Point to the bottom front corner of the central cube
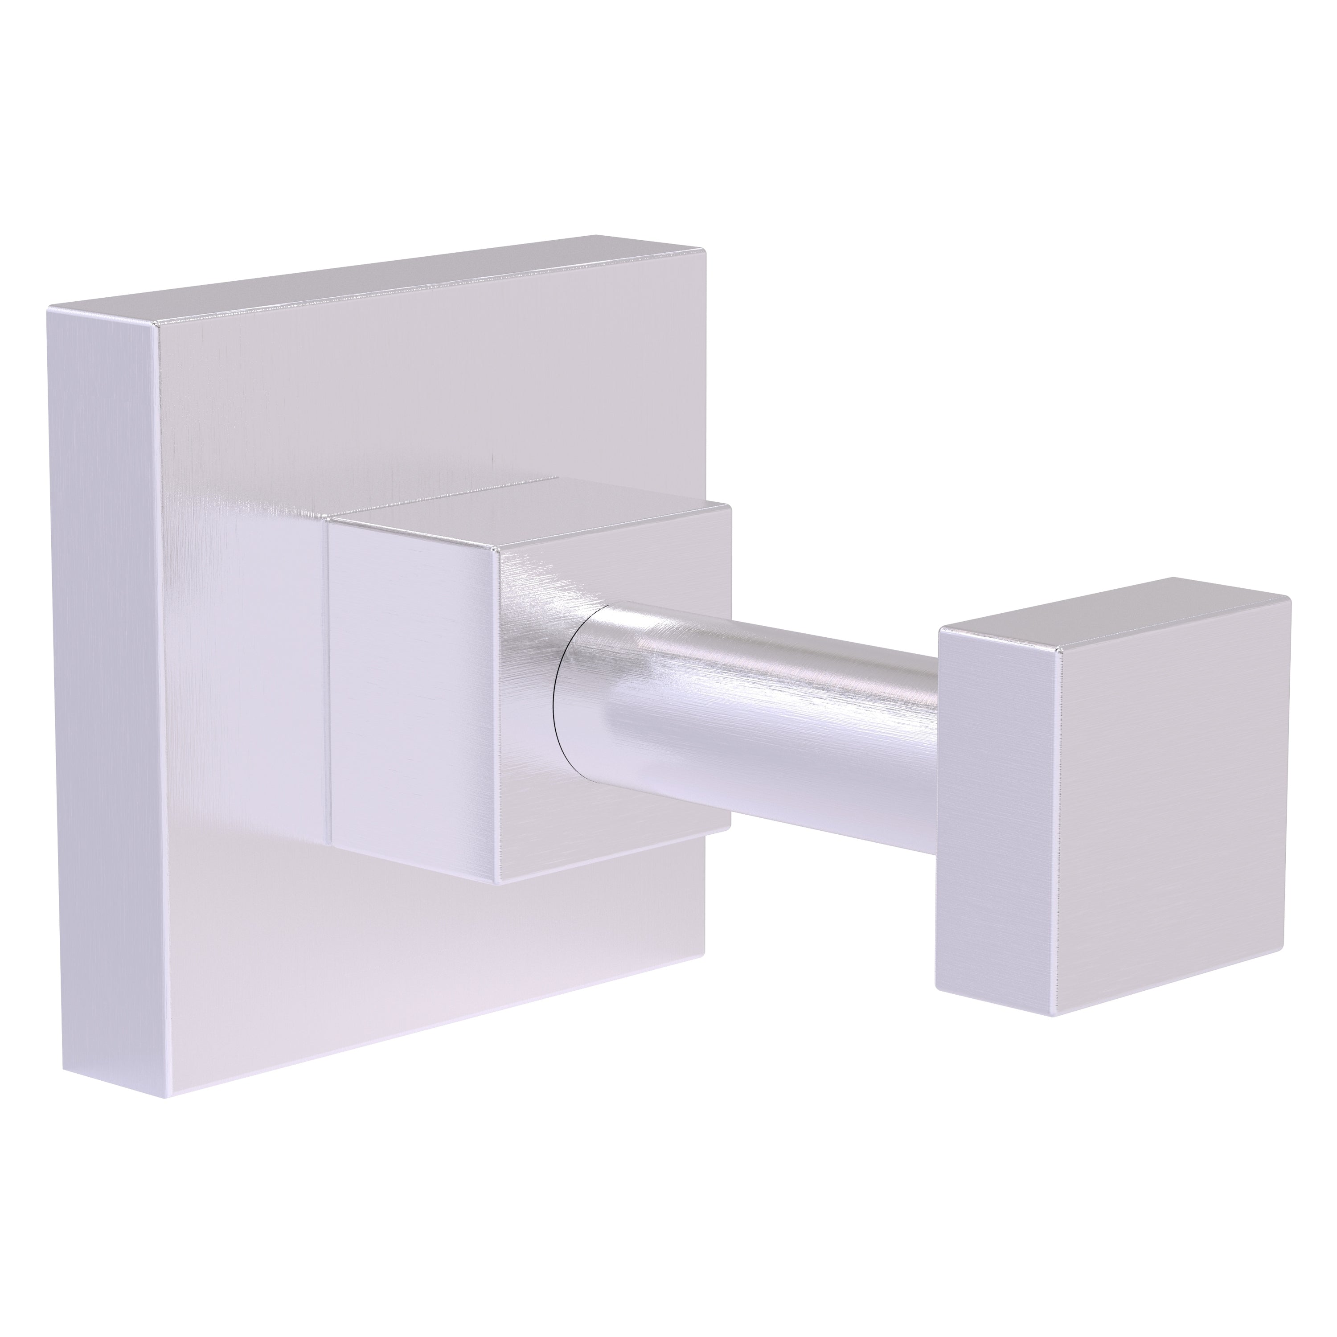click(x=500, y=884)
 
